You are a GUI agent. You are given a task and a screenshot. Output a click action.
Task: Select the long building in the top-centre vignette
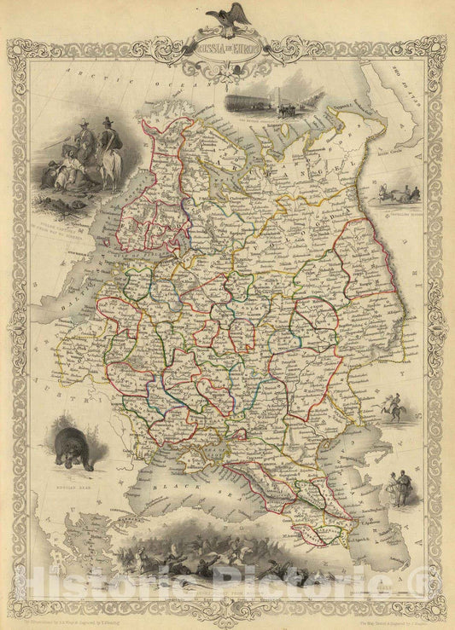[x=256, y=102]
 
